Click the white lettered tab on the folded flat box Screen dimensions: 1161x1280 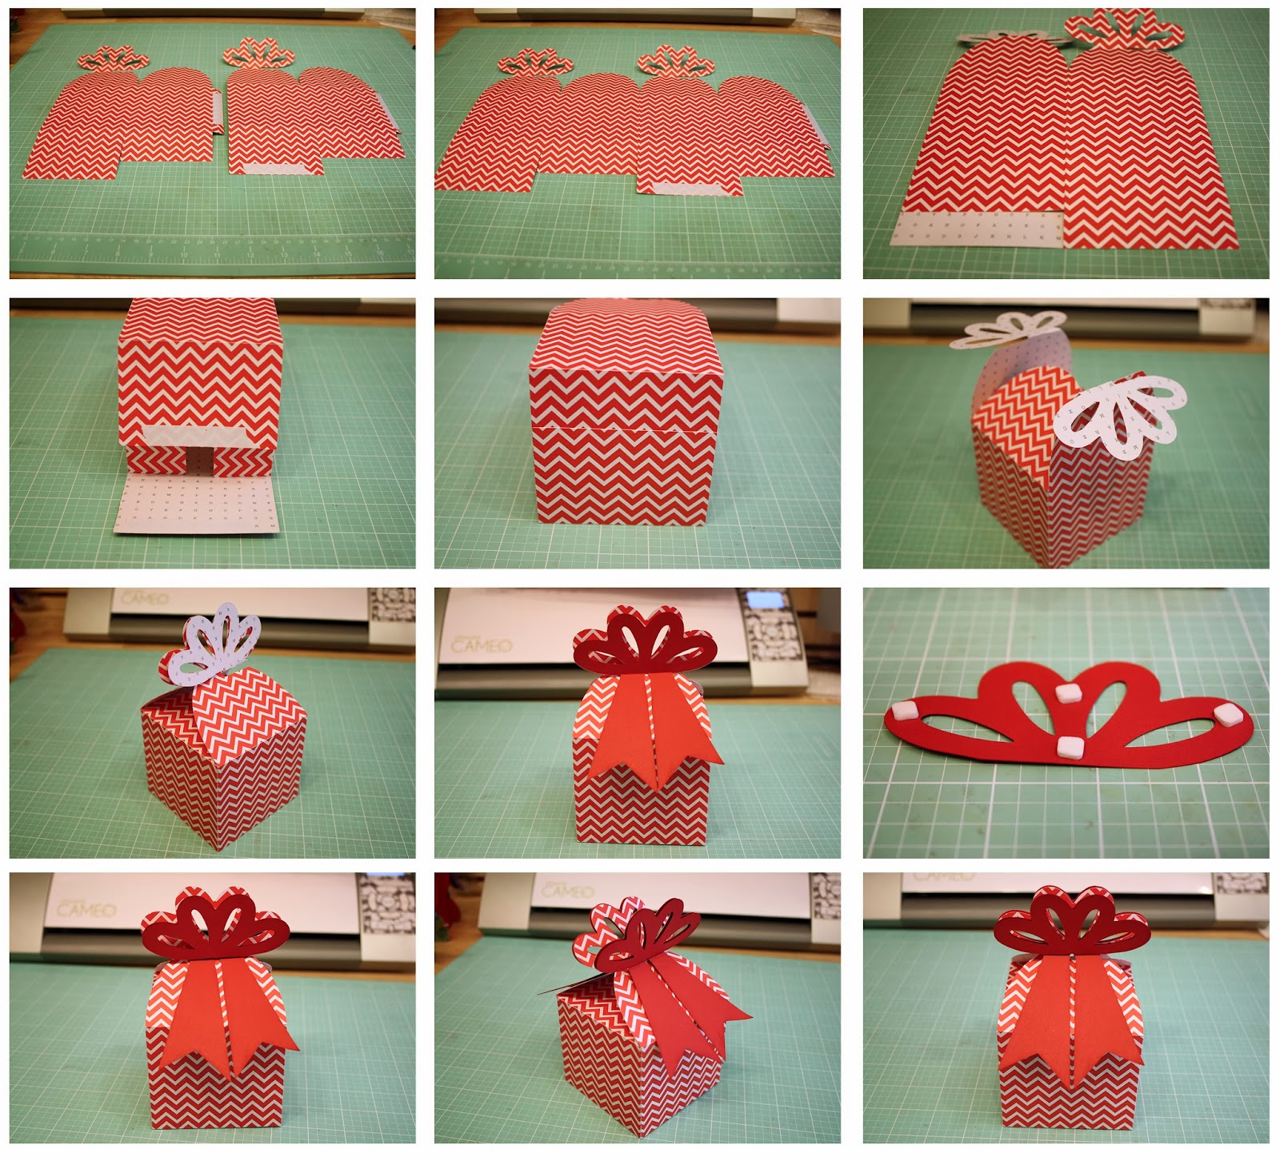(978, 228)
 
